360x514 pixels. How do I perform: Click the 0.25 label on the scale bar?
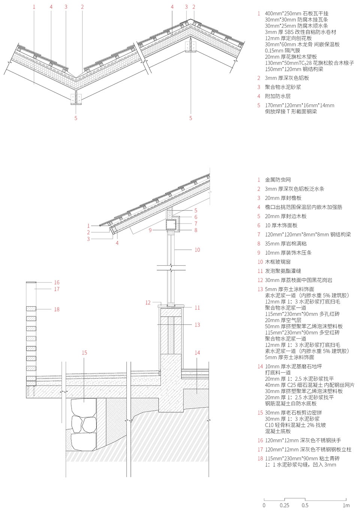284,505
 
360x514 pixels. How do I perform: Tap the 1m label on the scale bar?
346,505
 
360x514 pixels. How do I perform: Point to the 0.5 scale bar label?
305,505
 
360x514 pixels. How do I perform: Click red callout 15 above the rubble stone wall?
84,352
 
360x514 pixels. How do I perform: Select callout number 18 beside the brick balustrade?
57,309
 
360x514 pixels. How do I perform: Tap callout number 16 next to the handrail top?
57,282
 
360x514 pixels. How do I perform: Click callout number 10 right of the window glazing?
197,249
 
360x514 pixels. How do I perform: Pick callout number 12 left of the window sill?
148,302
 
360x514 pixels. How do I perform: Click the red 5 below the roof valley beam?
76,118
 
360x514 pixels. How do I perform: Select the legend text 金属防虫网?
277,180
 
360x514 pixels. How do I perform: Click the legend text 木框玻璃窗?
277,262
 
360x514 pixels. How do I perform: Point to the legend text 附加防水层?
277,96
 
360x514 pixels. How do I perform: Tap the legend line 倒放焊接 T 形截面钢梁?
291,111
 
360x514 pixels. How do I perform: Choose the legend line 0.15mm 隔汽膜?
282,51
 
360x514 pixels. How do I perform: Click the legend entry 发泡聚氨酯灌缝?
283,271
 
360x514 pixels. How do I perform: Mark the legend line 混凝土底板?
277,431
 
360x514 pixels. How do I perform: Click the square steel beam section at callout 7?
171,225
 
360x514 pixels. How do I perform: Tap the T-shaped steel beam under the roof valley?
76,98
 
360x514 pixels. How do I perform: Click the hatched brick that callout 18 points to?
31,309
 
